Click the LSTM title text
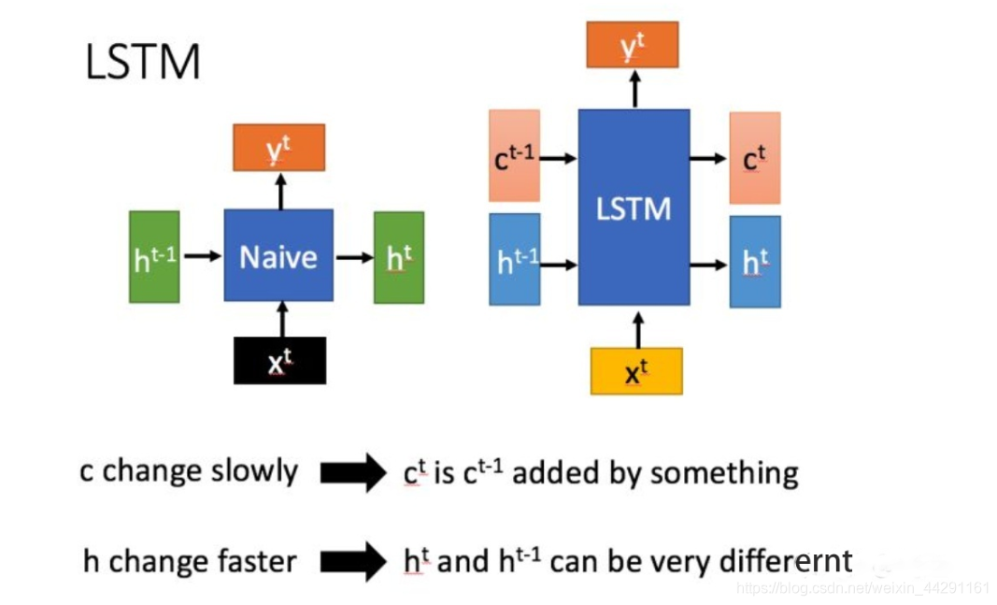coord(142,63)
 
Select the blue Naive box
coord(278,255)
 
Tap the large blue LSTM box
coord(634,208)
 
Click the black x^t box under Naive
coord(279,361)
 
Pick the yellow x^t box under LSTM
coord(636,371)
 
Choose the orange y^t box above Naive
coord(278,148)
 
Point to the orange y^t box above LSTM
coord(633,45)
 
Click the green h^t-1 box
coord(154,257)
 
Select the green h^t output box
coord(398,257)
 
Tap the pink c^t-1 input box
coord(514,156)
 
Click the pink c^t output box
coord(754,158)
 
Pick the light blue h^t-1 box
coord(515,260)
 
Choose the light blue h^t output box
coord(754,262)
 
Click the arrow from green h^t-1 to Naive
coord(202,255)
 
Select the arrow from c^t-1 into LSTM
coord(559,158)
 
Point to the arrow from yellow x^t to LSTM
coord(638,331)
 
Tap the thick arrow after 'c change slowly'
coord(352,473)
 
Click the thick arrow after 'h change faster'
coord(352,563)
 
